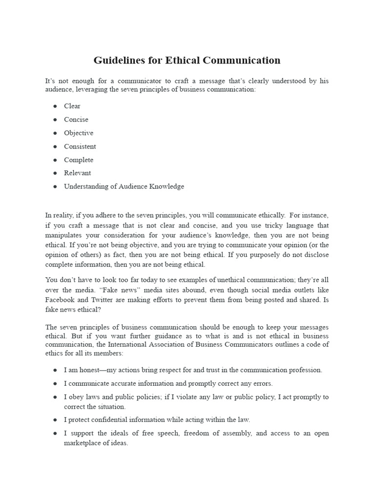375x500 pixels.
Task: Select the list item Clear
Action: coord(72,106)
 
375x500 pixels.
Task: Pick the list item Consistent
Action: coord(80,146)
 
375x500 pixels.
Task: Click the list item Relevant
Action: coord(77,173)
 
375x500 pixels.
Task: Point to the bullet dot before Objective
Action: coord(55,133)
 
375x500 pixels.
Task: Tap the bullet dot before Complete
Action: coord(55,160)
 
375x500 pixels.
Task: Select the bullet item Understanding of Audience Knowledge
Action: coord(124,186)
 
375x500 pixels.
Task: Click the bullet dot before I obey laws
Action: coord(55,397)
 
